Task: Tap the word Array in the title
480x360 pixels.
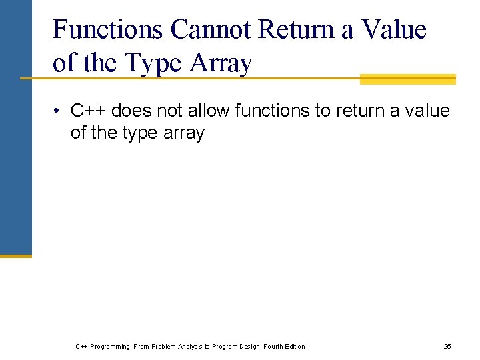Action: point(222,63)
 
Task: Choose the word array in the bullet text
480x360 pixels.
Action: point(184,133)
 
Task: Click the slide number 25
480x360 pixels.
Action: point(447,346)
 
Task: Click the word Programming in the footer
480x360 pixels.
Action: point(109,346)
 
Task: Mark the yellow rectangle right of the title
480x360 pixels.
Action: point(407,79)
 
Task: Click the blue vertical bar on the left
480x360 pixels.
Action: point(15,127)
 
